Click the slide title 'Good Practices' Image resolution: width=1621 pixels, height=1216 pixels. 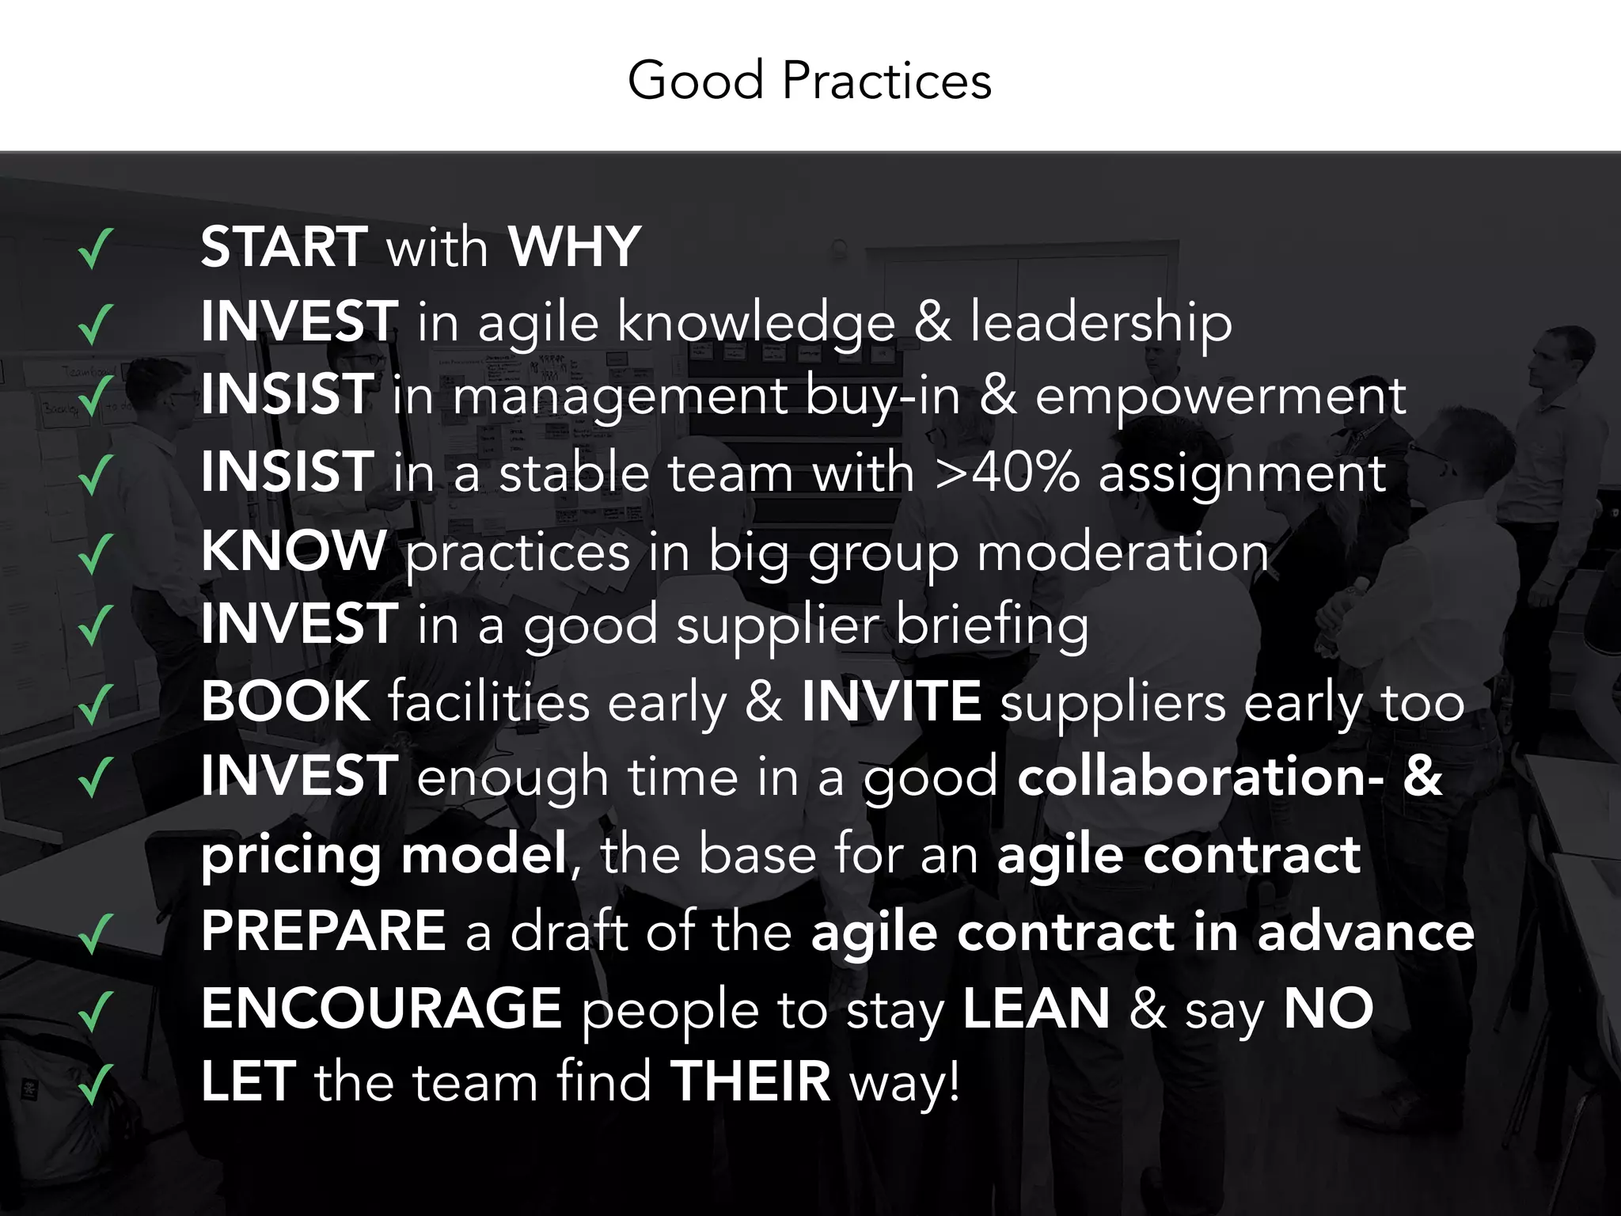click(x=809, y=81)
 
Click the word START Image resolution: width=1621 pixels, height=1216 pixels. click(x=284, y=247)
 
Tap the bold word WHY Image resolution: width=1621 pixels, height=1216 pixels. click(x=574, y=247)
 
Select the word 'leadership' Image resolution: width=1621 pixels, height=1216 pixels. click(x=1101, y=323)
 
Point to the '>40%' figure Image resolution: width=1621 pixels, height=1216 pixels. click(x=1007, y=473)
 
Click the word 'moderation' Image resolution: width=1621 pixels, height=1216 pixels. click(x=1123, y=552)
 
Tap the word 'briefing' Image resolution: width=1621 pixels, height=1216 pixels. click(x=992, y=625)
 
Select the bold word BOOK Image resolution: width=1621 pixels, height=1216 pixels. click(x=285, y=701)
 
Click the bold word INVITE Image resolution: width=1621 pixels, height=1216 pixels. click(x=892, y=701)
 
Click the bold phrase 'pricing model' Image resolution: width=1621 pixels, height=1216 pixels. click(x=384, y=855)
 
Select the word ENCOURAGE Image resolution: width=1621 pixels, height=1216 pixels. click(x=382, y=1009)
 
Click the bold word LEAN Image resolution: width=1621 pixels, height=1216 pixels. click(x=1036, y=1009)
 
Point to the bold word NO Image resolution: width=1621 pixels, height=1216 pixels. click(x=1328, y=1009)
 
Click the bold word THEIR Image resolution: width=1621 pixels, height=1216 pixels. click(x=750, y=1081)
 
